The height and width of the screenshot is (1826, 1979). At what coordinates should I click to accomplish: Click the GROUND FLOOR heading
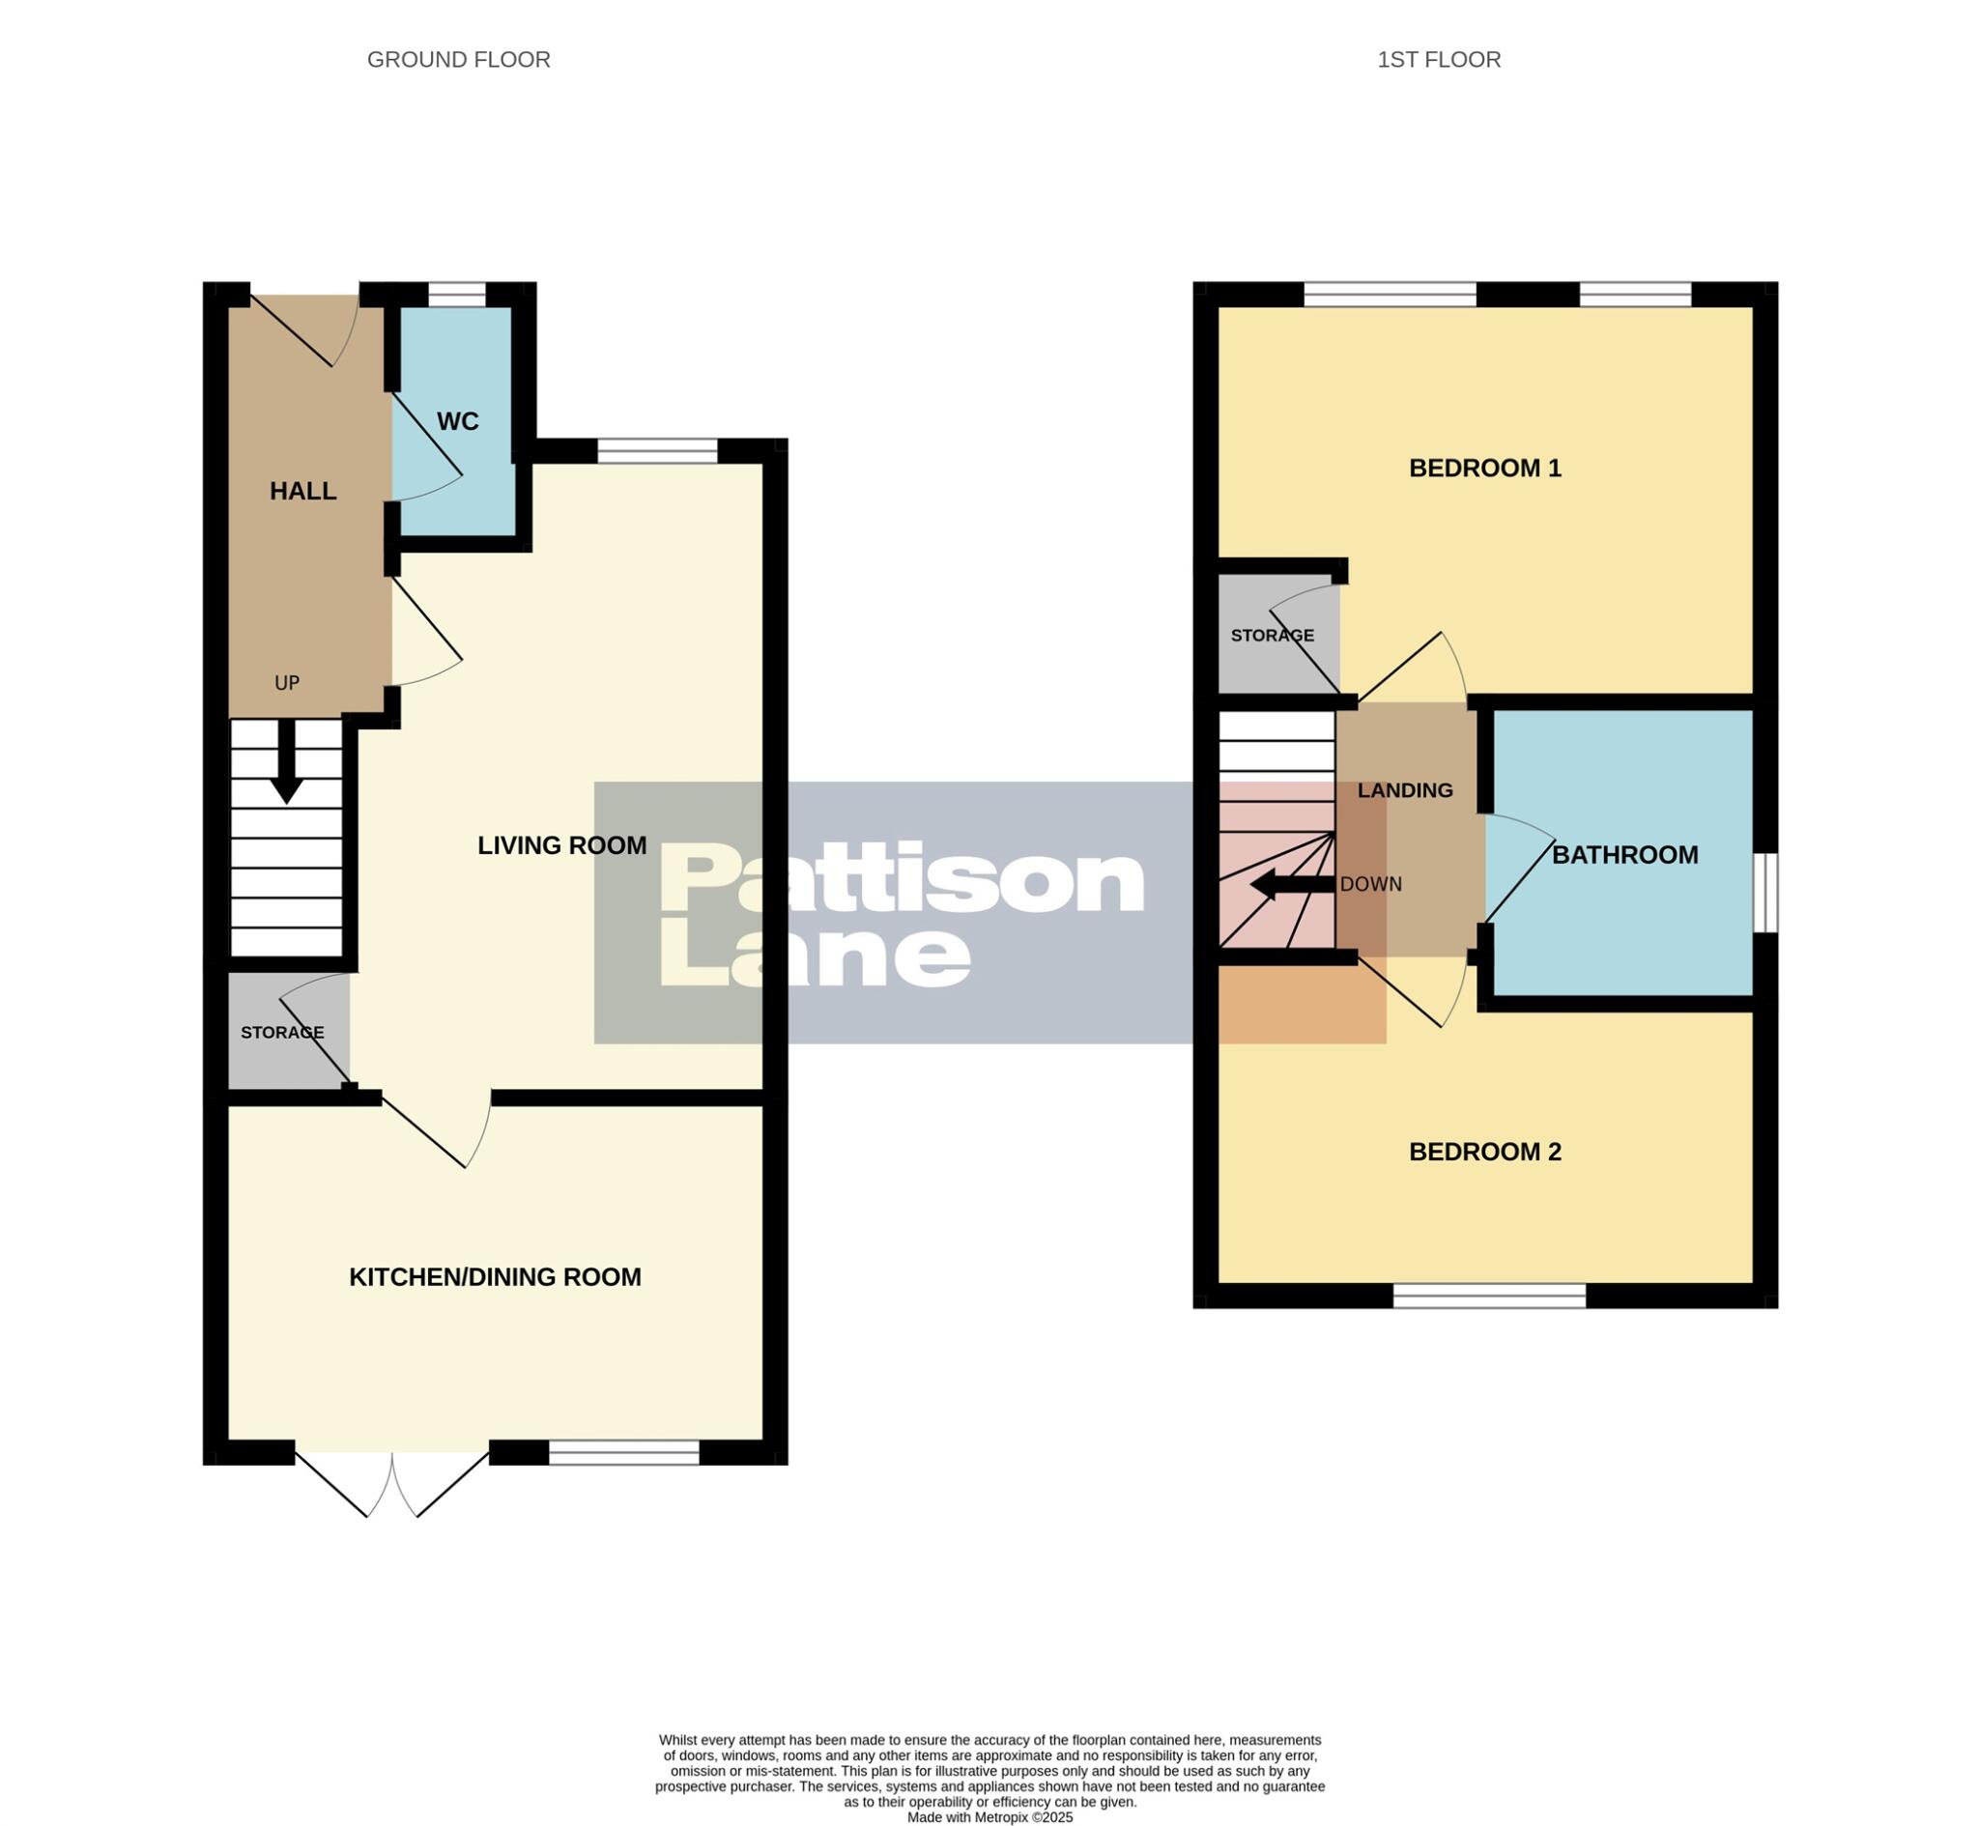458,60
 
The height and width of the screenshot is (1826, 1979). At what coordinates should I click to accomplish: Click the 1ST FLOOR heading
1439,60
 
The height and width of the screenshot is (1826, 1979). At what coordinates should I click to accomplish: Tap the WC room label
457,422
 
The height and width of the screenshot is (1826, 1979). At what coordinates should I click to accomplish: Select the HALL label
303,491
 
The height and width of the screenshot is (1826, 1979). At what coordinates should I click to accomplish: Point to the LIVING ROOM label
562,844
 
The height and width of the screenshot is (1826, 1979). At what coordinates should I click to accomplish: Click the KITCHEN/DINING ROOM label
495,1276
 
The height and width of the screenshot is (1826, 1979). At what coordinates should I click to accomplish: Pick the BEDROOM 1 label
1484,469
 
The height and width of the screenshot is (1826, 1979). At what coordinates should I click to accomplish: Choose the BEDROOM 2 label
1484,1151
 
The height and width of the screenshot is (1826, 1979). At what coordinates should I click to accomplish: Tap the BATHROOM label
1624,855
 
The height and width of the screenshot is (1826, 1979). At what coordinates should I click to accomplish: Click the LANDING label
1404,790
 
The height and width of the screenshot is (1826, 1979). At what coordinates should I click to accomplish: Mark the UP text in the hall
287,683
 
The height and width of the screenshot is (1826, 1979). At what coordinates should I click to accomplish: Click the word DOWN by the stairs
1370,884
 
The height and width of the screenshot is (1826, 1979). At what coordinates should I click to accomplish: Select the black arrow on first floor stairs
1289,884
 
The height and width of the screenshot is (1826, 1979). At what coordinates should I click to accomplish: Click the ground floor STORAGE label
282,1033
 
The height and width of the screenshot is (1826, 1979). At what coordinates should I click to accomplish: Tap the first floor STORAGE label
1272,636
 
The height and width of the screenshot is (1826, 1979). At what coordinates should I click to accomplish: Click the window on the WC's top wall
457,295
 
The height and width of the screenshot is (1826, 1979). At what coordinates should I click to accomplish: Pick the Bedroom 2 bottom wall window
1489,1296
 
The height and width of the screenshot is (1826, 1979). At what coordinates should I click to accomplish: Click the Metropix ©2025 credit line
989,1817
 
